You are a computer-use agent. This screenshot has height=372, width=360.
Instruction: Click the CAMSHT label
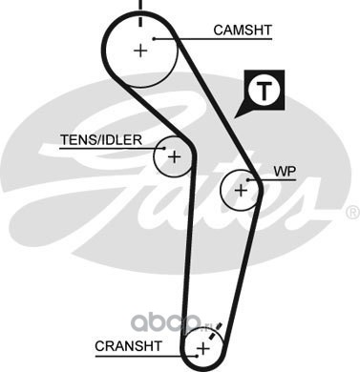pos(243,31)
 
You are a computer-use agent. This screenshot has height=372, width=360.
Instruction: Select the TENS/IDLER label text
pos(101,140)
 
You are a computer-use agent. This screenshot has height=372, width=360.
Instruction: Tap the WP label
pos(285,172)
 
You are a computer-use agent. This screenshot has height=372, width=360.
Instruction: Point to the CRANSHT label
pos(129,346)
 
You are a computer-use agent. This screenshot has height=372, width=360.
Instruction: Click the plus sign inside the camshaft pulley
pos(140,51)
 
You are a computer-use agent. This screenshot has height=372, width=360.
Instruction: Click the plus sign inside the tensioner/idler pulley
pos(174,156)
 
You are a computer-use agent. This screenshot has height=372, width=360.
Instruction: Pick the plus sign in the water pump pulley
pos(241,191)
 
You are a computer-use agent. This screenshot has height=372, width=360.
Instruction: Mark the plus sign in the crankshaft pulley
pos(202,349)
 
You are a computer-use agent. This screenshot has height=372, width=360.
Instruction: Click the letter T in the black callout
pos(264,91)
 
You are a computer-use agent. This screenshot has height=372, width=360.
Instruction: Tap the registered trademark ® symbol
pos(352,213)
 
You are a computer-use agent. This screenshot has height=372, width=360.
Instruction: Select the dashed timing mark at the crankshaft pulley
pos(215,332)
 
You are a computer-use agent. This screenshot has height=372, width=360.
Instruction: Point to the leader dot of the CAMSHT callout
pos(154,39)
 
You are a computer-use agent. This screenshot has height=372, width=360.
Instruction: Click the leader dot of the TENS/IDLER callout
pos(164,148)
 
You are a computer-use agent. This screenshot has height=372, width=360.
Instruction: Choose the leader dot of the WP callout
pos(247,180)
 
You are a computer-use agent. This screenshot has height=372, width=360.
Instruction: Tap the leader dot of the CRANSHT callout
pos(198,356)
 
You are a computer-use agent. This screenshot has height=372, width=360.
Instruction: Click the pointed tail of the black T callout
pos(235,117)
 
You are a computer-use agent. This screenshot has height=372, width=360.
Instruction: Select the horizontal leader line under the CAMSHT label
pos(213,39)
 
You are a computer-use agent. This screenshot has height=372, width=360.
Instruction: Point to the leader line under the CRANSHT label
pos(146,356)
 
